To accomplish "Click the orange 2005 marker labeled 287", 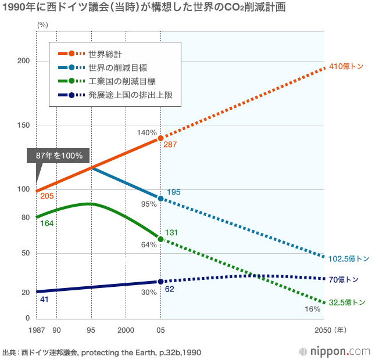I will (161, 138).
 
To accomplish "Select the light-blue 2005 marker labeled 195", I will (161, 199).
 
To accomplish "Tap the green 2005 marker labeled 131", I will (161, 239).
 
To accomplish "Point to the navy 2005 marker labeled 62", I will (161, 282).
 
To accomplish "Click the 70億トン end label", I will (344, 279).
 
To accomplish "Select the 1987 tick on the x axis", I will (36, 330).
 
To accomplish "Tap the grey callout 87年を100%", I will (59, 156).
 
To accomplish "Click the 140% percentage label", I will (147, 133).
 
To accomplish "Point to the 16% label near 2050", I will (313, 309).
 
